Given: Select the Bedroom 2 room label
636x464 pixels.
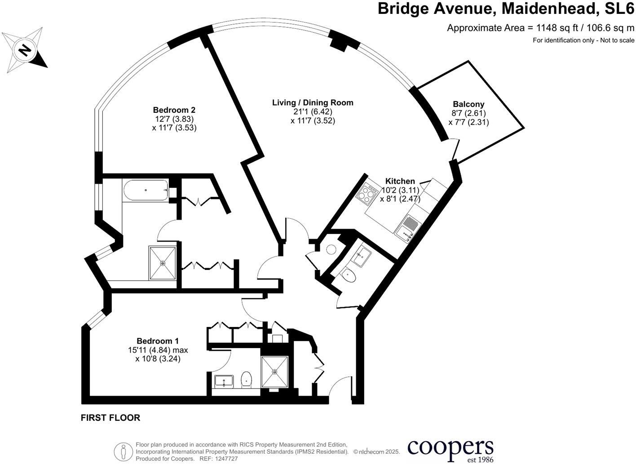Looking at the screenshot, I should (x=174, y=110).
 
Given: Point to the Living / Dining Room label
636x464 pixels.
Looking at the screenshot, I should (x=313, y=103).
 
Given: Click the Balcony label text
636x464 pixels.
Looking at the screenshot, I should (x=468, y=104).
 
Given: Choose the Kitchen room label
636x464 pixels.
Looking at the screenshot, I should (x=400, y=181).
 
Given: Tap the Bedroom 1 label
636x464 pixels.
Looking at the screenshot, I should (x=158, y=341).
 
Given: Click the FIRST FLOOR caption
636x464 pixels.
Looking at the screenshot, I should (x=110, y=418).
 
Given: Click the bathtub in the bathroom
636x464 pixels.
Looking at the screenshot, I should (x=146, y=190).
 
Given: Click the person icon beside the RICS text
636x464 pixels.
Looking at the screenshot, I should (x=123, y=451).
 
